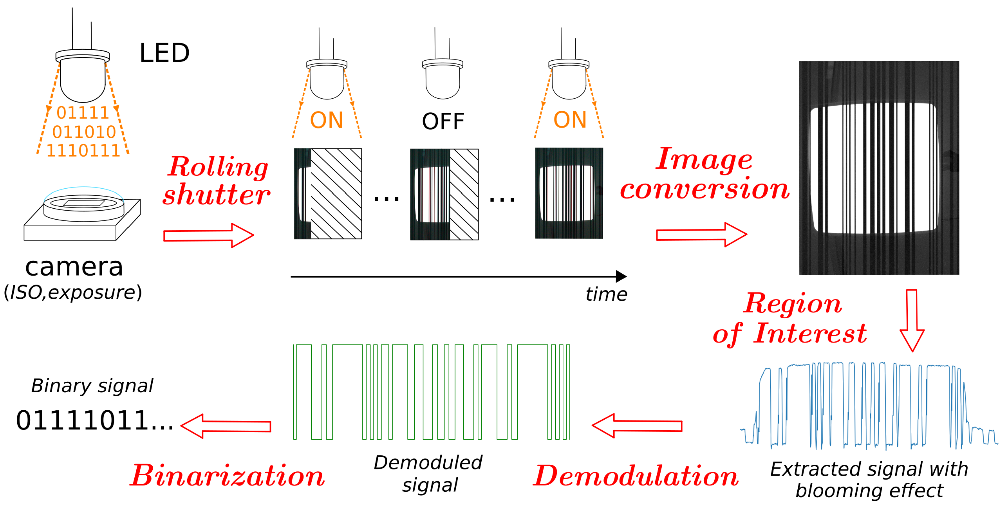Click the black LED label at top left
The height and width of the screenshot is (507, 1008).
(164, 53)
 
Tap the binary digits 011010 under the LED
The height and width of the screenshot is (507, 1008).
(84, 132)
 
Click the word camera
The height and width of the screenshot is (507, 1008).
(74, 267)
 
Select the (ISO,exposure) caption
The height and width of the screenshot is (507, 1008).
(73, 292)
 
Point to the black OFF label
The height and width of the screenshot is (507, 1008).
(443, 121)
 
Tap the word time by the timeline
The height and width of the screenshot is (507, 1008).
(606, 294)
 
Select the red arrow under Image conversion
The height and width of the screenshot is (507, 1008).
(701, 235)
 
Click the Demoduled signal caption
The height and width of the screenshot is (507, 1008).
(428, 474)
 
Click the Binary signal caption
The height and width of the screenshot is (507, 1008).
(92, 386)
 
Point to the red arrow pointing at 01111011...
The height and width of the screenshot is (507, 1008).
(226, 426)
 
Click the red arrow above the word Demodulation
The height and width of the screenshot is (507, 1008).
(637, 426)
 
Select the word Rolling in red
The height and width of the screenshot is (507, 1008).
(218, 167)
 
